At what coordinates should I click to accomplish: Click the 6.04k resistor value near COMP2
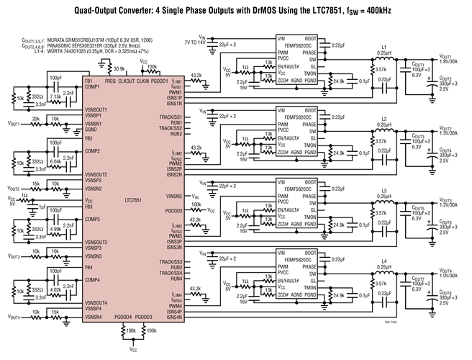point(55,161)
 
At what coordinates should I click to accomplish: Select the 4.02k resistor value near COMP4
point(55,290)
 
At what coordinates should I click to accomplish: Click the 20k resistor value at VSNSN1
point(35,118)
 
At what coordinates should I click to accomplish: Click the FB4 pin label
point(89,267)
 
